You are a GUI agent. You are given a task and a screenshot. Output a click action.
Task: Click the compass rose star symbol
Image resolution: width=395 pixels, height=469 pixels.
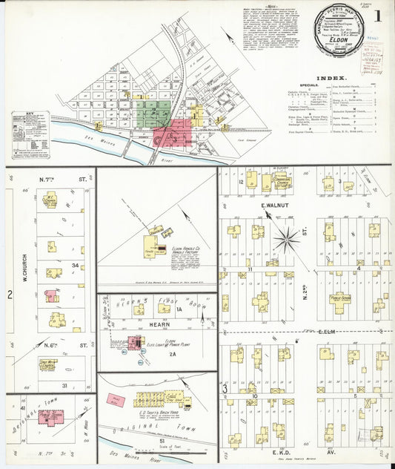(x=285, y=239)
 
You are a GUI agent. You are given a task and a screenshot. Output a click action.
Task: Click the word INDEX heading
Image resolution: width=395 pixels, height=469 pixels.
(x=333, y=78)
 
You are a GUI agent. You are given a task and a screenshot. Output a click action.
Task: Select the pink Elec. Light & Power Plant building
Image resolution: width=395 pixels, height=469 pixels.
(x=135, y=342)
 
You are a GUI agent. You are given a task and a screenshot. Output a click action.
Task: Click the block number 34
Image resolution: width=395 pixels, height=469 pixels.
(x=75, y=266)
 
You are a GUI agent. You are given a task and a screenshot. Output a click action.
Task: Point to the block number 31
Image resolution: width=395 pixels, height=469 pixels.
(x=65, y=385)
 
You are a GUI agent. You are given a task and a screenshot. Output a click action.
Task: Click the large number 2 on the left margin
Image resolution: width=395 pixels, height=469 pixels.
(x=10, y=295)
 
